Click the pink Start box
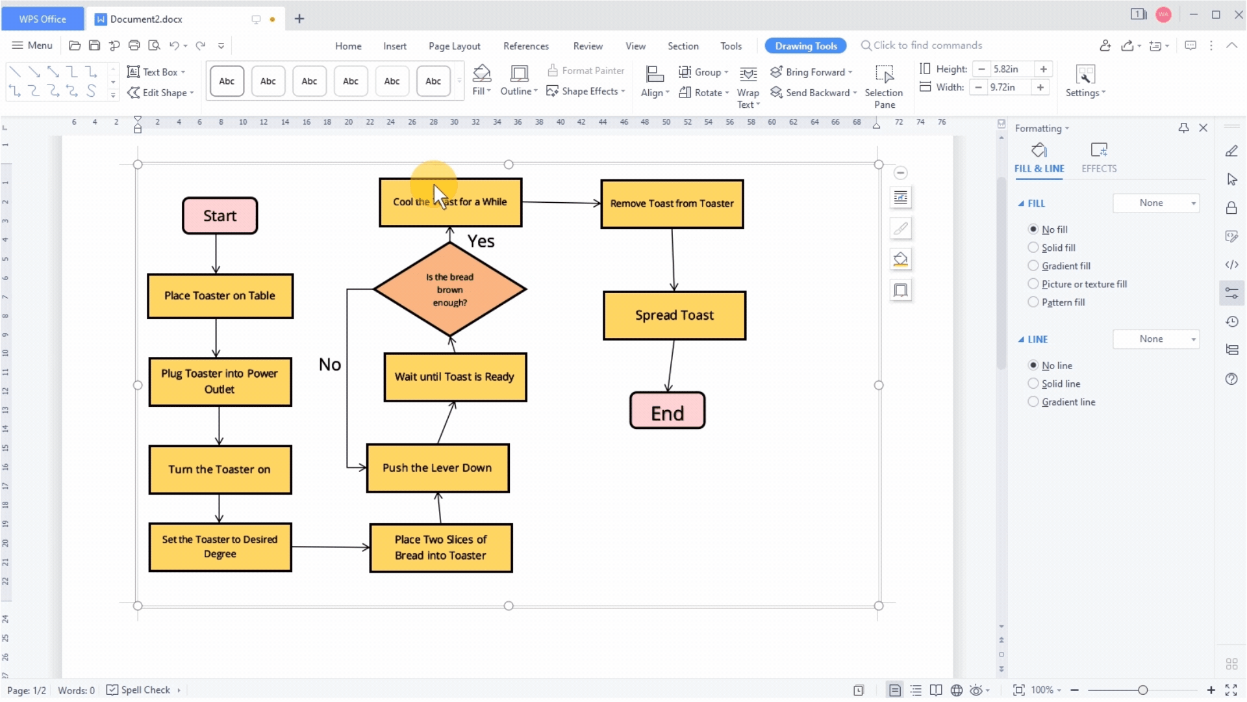(220, 216)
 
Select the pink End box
(667, 411)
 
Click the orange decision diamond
(449, 289)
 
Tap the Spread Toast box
(674, 315)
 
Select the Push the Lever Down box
(437, 468)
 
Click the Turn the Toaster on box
(220, 469)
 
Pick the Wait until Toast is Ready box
(455, 377)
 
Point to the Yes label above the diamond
(481, 241)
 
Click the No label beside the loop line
(330, 365)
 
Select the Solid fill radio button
(1033, 248)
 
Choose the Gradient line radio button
(1033, 402)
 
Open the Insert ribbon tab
(395, 46)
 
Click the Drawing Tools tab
(806, 46)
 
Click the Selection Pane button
(884, 86)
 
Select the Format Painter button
(586, 71)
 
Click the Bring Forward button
(811, 72)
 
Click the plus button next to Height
(1044, 69)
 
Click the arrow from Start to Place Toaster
(216, 254)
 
